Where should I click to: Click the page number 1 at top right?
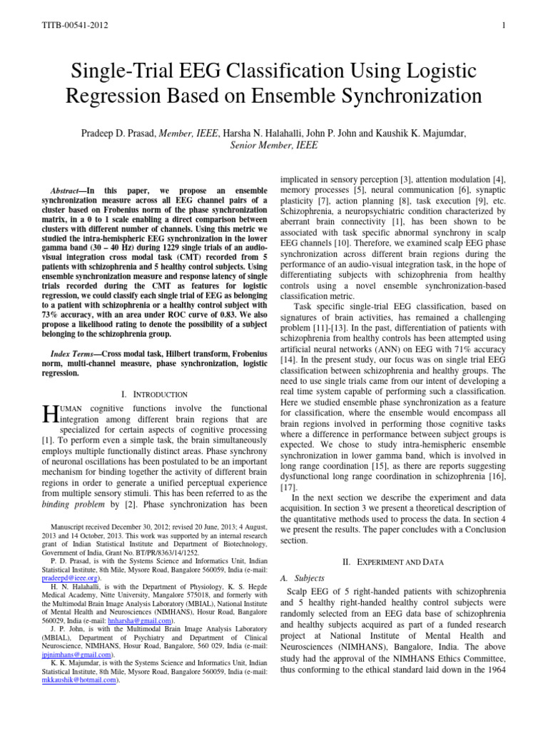tap(503, 26)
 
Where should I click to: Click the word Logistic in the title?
tap(420, 71)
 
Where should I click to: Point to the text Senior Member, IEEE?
tap(274, 145)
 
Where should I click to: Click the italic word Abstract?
tap(68, 192)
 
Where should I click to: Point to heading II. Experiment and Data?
tap(392, 562)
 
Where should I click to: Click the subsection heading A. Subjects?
tap(303, 578)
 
